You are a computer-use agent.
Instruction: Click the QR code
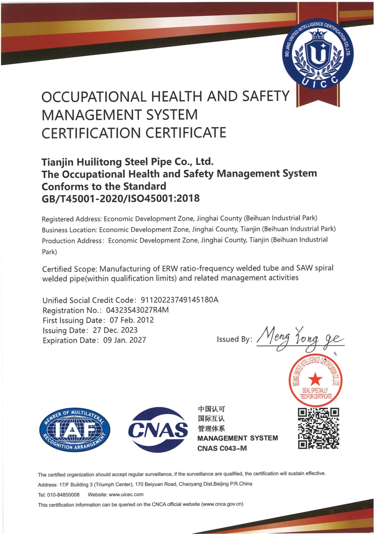(318, 428)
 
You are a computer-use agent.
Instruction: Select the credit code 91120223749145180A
(181, 300)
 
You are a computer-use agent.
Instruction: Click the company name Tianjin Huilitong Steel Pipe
(127, 161)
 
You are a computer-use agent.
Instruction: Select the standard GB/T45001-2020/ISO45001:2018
(120, 198)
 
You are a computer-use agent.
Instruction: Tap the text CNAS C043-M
(222, 449)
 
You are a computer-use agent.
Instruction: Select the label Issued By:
(234, 339)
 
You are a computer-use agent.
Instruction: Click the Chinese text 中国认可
(212, 408)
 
